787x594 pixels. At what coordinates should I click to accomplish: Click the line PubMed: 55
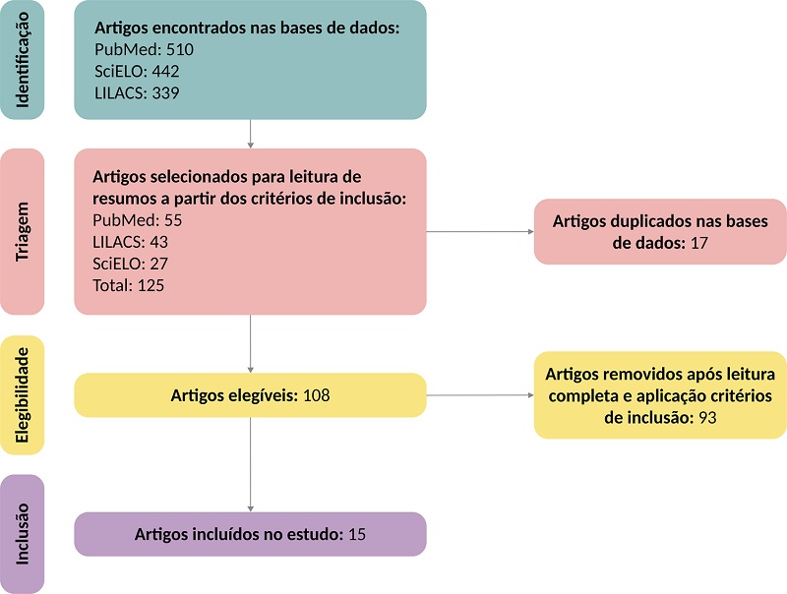pyautogui.click(x=138, y=219)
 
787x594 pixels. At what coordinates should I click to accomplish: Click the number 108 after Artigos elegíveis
pyautogui.click(x=316, y=396)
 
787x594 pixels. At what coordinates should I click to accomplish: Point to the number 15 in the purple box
pyautogui.click(x=357, y=534)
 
